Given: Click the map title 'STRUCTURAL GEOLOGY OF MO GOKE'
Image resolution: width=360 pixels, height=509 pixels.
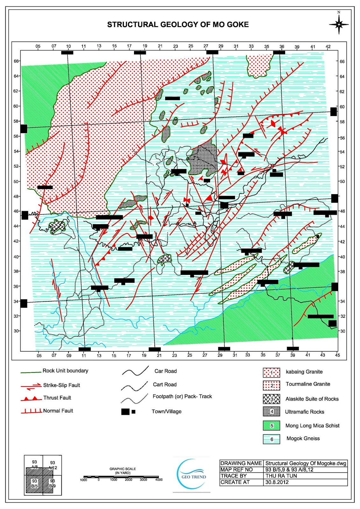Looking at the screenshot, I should coord(178,25).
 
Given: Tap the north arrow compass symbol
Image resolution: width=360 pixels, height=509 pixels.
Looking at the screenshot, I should coord(339,24).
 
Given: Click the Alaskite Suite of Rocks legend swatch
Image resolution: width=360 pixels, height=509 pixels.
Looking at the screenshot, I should coord(271,399).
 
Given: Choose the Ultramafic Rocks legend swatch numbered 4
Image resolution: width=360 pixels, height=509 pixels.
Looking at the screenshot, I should coord(271,411).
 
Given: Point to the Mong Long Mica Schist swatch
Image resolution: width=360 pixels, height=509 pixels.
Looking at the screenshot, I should coord(271,426).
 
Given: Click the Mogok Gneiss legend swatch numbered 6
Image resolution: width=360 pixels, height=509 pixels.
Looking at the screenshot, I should coord(271,439).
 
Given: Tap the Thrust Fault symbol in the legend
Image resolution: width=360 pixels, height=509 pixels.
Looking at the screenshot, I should coord(31,398).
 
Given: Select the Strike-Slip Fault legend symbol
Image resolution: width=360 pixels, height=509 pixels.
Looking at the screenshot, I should coord(31,386).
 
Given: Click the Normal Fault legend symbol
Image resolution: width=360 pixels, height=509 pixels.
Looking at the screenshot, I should coord(31,411).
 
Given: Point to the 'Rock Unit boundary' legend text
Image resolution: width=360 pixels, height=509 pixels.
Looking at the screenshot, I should coord(65,371).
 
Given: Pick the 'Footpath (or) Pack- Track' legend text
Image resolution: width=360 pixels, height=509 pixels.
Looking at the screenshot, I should coord(182,396).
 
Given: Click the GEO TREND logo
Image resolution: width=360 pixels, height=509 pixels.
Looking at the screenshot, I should coord(192,474).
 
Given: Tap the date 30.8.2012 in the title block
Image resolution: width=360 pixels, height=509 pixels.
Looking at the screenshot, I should coord(277,482).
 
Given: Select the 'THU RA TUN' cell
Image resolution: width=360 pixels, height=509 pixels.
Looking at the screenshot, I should coord(281,476).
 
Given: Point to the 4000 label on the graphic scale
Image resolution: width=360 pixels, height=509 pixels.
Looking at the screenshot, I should coord(159,480).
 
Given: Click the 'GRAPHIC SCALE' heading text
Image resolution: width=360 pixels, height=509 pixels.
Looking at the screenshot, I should coord(123,469).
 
